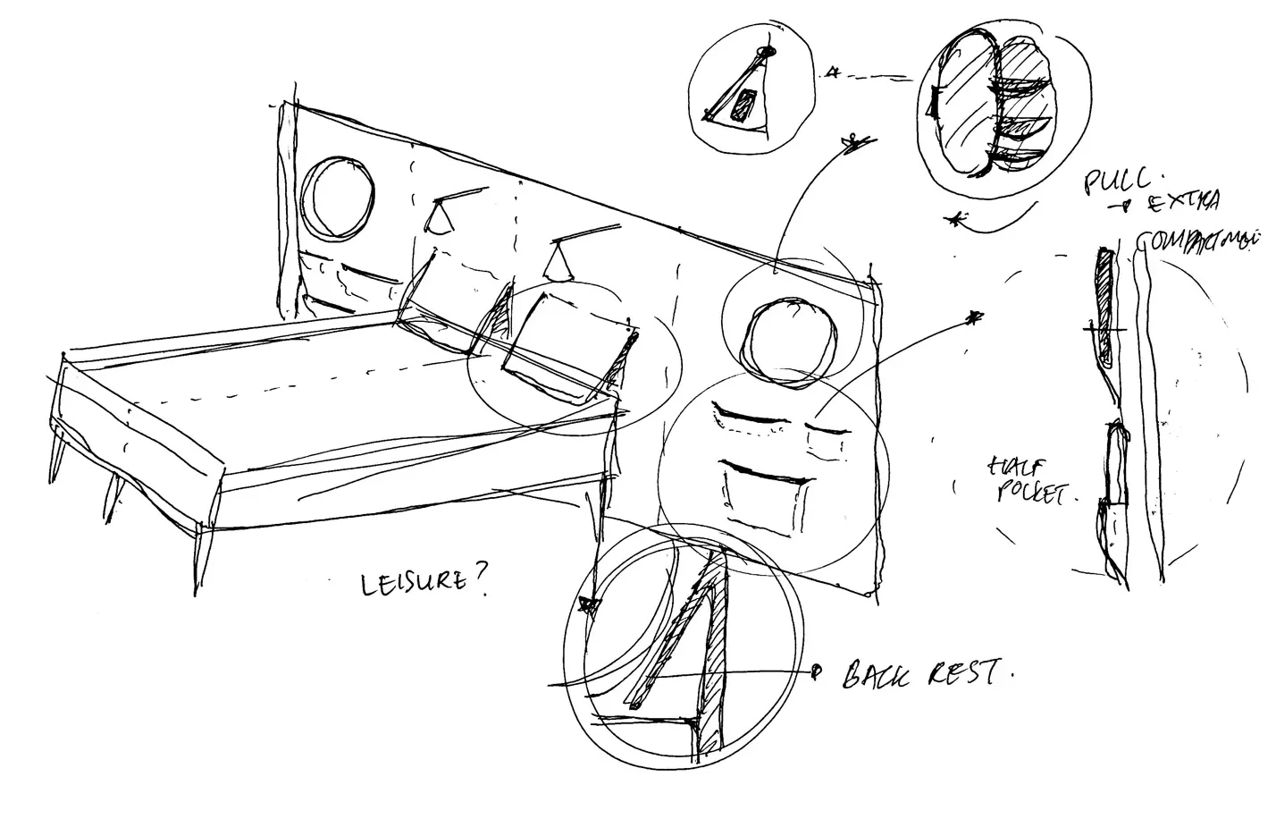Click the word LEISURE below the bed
[x=412, y=583]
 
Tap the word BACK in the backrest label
[x=876, y=675]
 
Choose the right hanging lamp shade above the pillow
[x=559, y=263]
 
